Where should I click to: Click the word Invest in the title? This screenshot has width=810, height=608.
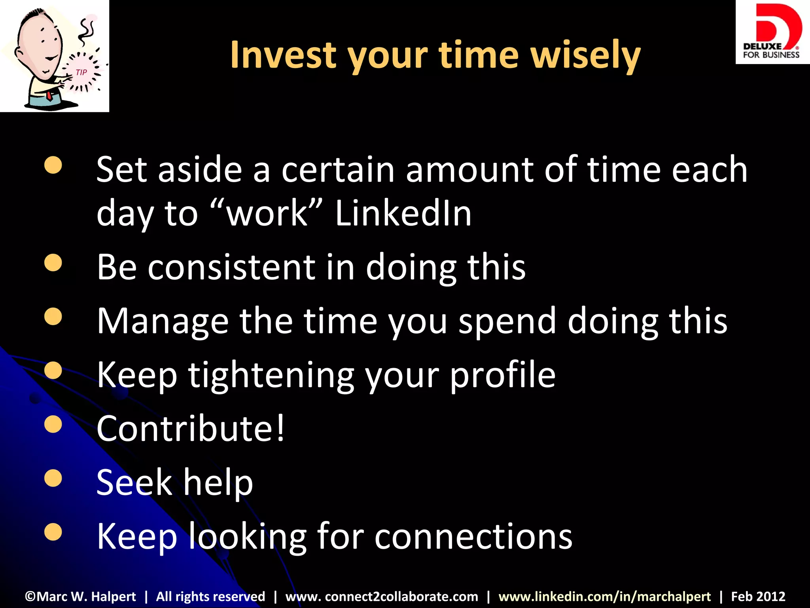click(x=282, y=55)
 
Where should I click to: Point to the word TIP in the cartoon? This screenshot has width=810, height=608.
click(x=81, y=72)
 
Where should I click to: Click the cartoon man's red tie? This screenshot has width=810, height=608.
click(x=49, y=95)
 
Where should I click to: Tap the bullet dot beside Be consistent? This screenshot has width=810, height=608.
click(x=53, y=263)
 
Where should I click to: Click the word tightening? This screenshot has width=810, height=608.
click(x=271, y=375)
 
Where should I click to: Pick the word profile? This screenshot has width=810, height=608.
click(x=503, y=375)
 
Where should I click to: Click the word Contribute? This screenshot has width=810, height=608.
click(x=190, y=428)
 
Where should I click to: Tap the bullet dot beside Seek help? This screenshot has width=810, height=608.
click(x=53, y=478)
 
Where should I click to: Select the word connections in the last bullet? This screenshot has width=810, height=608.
click(x=473, y=536)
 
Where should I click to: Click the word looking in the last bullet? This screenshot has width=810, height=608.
click(x=247, y=537)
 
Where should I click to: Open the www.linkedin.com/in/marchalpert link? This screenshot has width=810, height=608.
click(x=604, y=596)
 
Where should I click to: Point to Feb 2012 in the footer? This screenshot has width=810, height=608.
click(x=758, y=596)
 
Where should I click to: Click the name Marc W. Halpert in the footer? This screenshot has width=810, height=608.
click(x=81, y=596)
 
